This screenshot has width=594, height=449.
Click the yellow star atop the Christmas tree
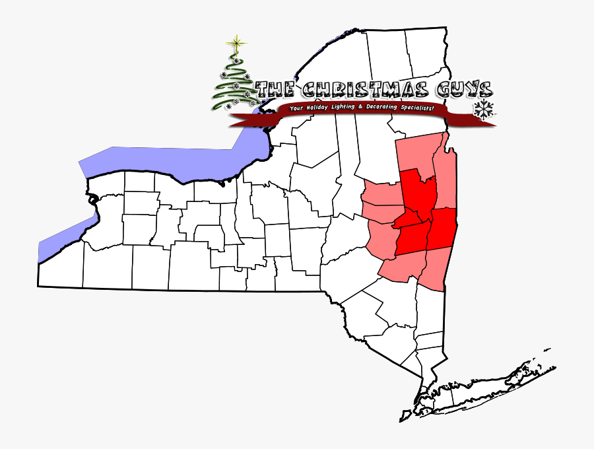click(235, 44)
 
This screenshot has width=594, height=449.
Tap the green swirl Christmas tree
click(234, 83)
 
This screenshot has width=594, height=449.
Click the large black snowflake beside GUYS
click(484, 110)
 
